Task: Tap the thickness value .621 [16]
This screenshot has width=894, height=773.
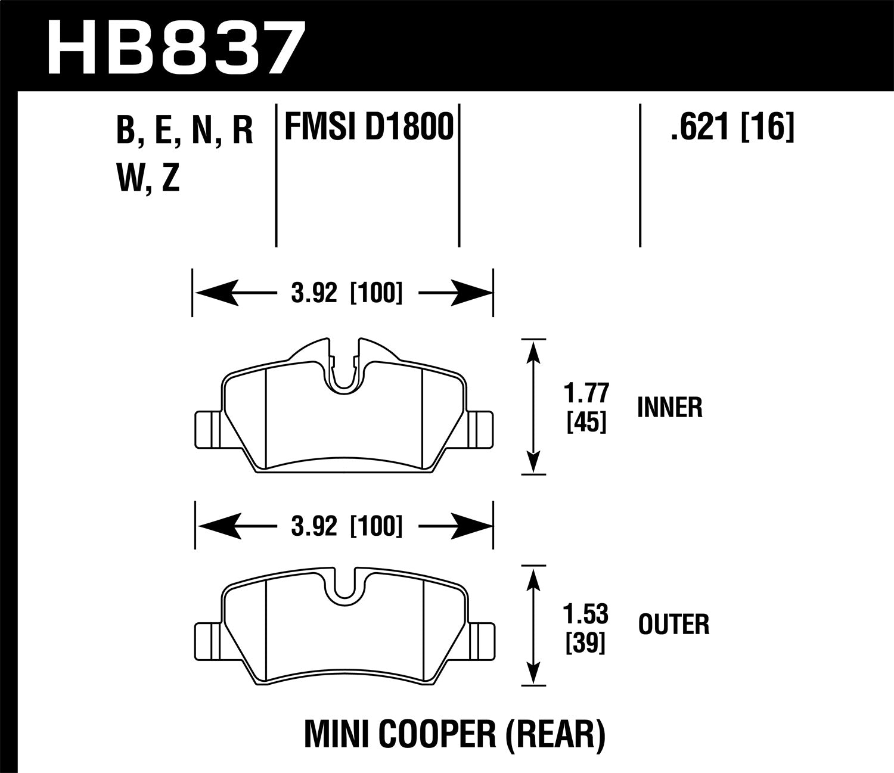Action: click(732, 127)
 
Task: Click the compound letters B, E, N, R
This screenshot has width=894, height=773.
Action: click(185, 131)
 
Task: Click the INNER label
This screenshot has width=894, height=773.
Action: click(669, 408)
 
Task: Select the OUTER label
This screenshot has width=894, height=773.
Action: click(673, 625)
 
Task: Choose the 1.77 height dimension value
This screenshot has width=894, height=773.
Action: click(586, 394)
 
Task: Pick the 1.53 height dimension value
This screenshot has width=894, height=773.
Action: click(586, 613)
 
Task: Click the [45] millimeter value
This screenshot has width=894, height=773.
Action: click(586, 423)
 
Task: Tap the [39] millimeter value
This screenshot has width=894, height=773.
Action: click(586, 642)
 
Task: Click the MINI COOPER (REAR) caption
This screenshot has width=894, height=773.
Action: click(455, 734)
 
